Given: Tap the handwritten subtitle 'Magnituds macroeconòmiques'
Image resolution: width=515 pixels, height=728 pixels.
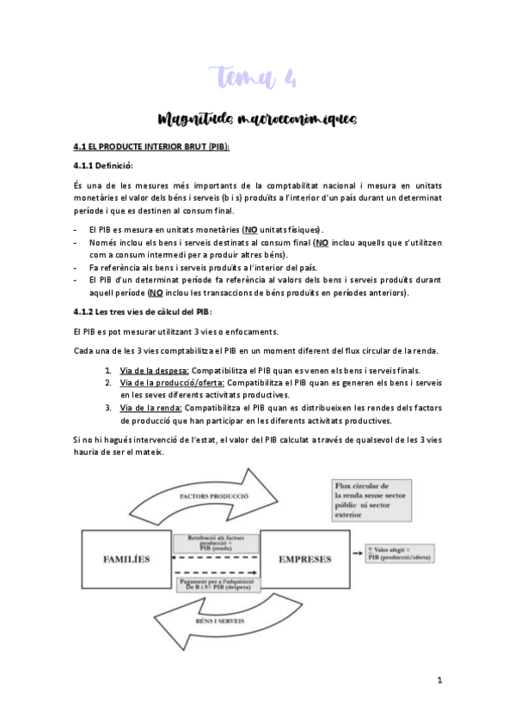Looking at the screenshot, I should tap(257, 118).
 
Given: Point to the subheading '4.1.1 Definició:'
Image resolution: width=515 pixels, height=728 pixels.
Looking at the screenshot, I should tap(103, 165).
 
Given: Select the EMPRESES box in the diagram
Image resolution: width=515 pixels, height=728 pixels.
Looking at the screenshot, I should tap(304, 559).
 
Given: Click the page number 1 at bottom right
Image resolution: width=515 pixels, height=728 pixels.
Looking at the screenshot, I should tap(438, 680).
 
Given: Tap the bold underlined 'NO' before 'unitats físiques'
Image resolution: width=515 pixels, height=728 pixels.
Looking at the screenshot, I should tap(251, 229).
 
